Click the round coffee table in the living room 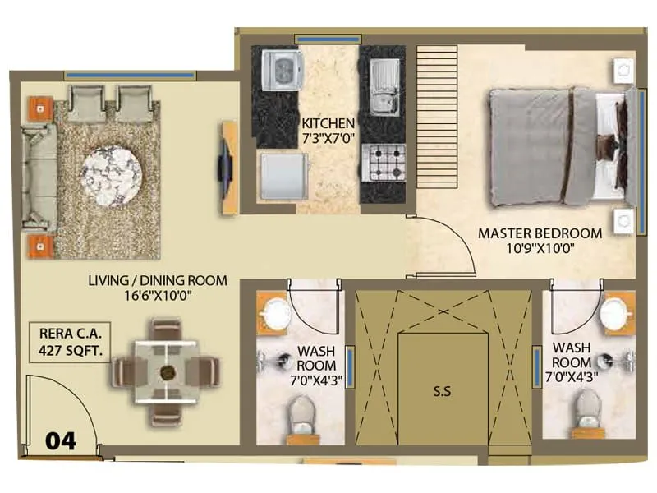112,175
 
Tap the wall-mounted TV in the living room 223,168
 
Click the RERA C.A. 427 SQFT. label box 68,342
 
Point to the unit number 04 60,441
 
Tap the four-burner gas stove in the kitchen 384,162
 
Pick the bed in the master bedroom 559,145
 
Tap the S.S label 443,392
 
